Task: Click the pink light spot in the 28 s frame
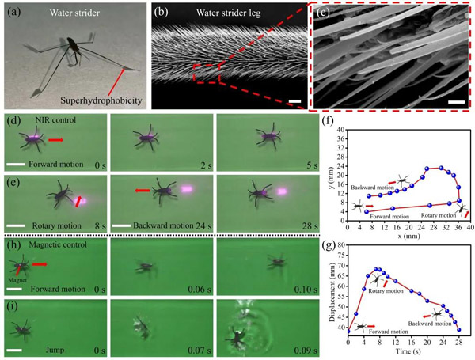coord(281,191)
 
